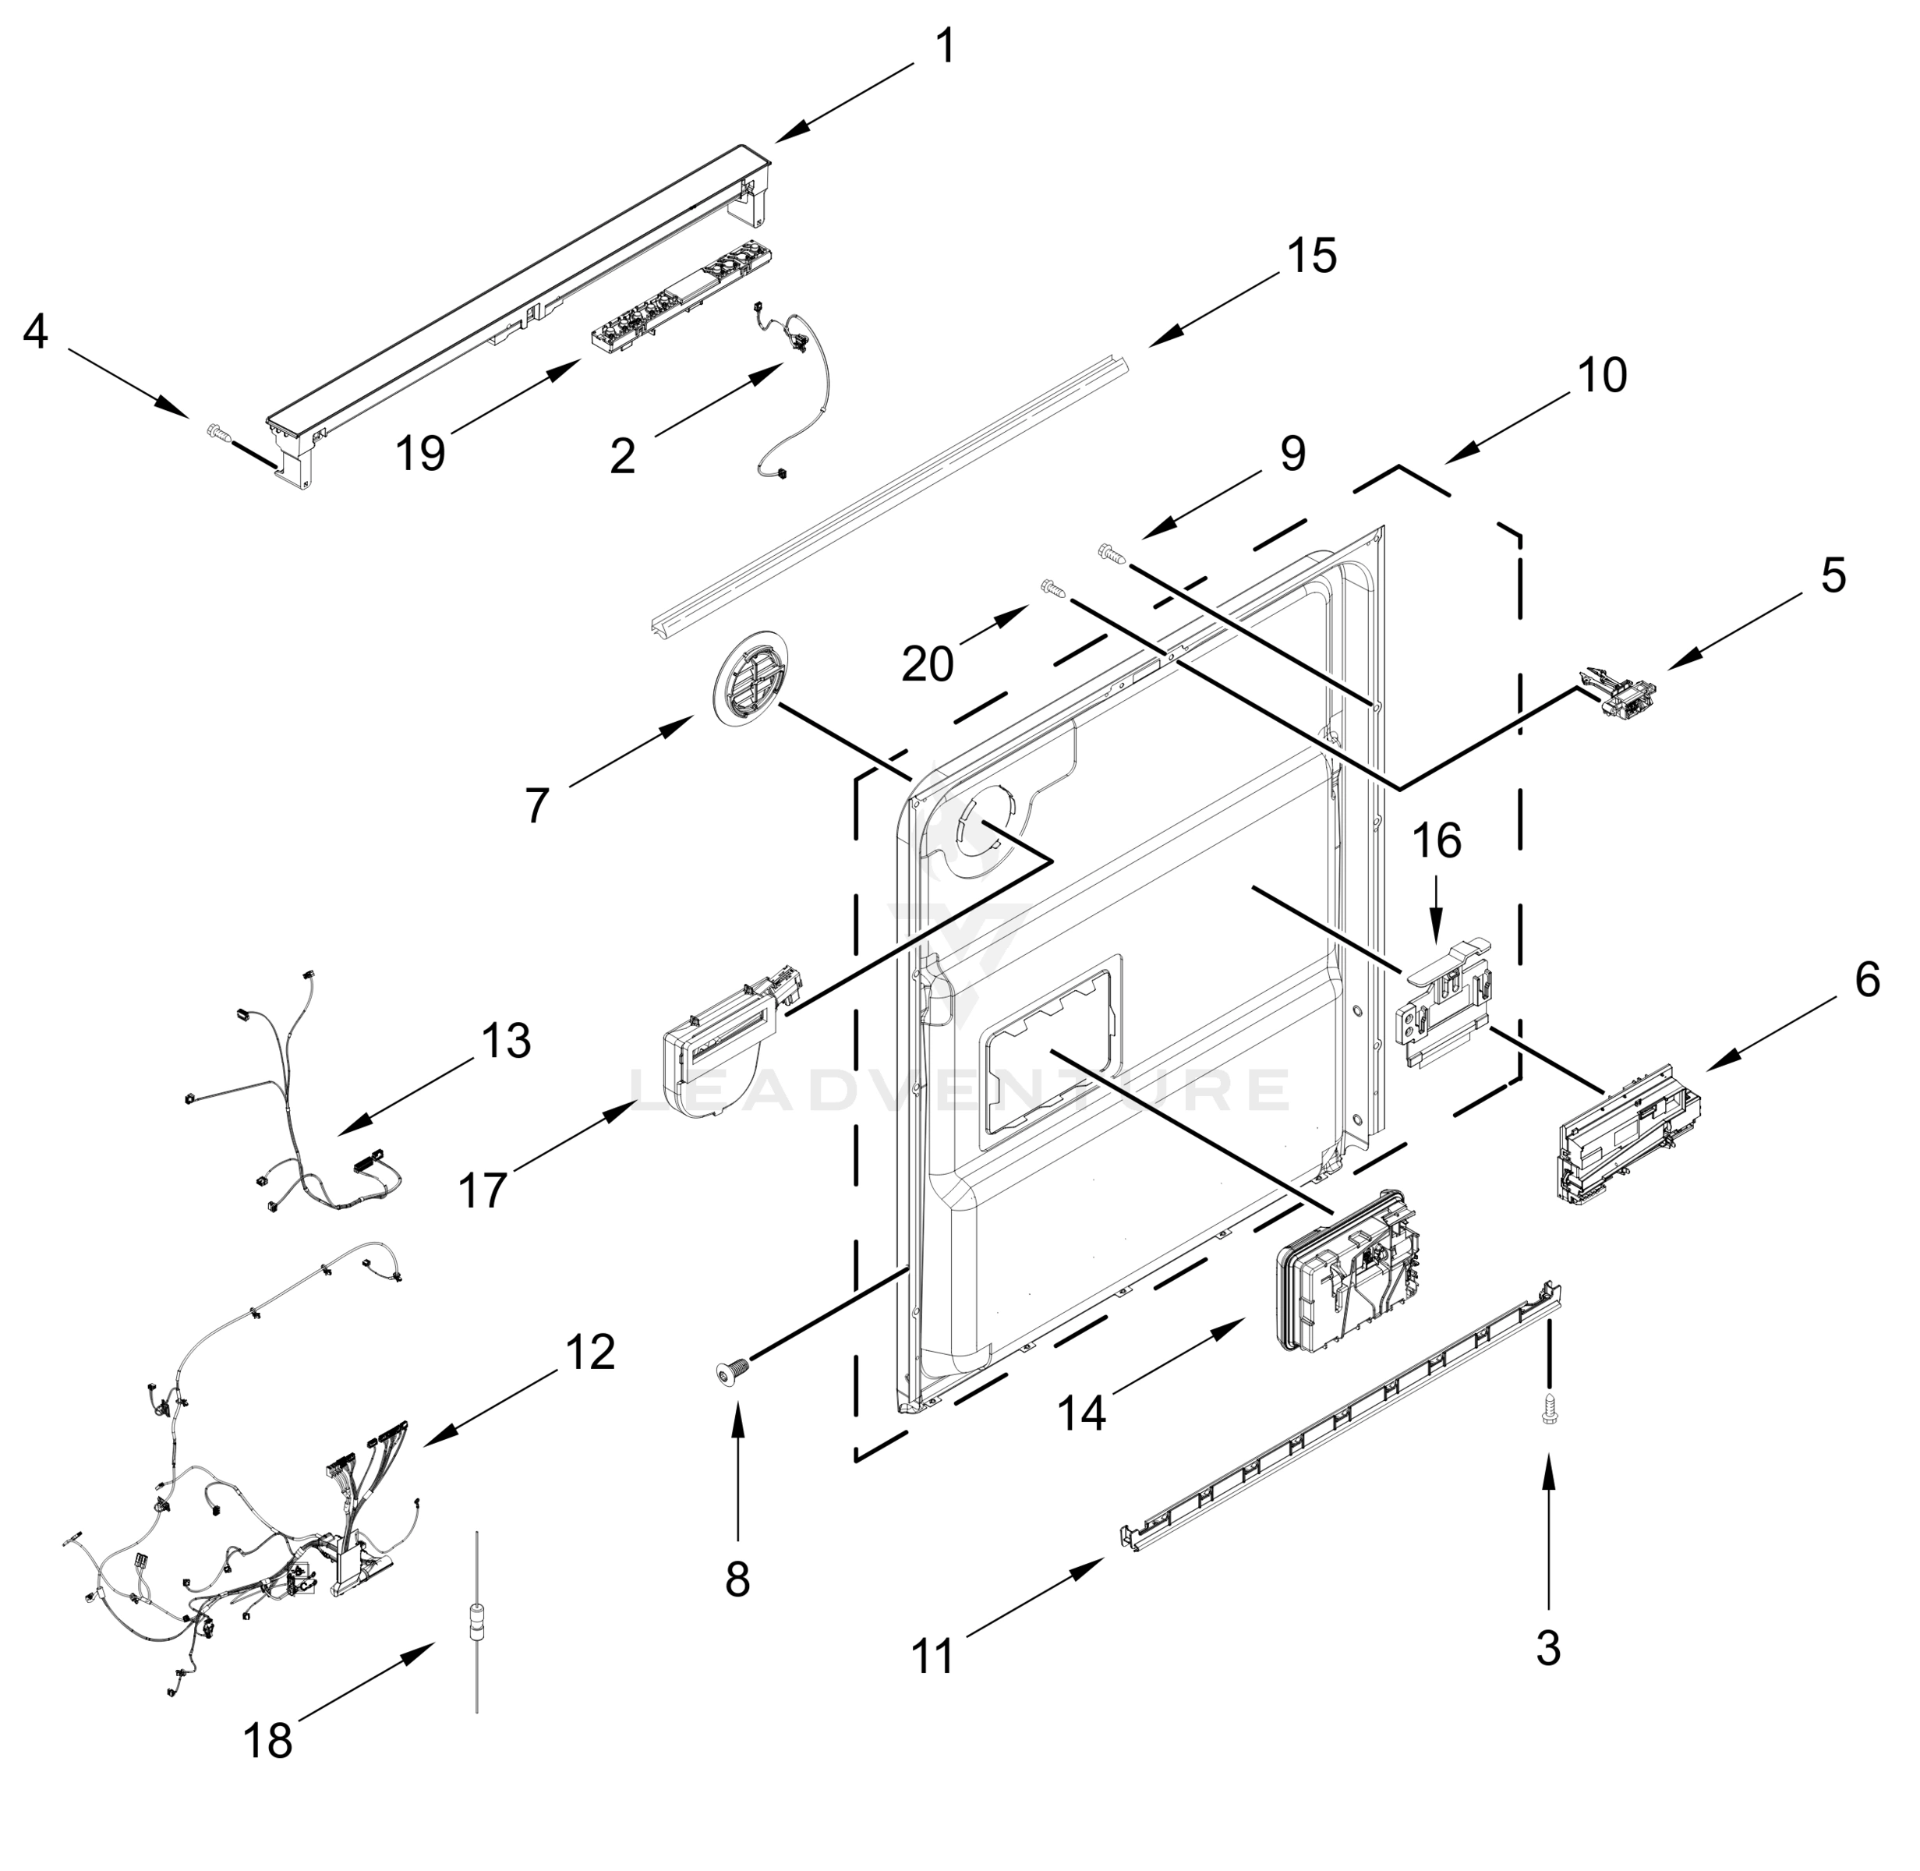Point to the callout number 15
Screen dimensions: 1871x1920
[1312, 256]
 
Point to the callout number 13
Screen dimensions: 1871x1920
[506, 1040]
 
